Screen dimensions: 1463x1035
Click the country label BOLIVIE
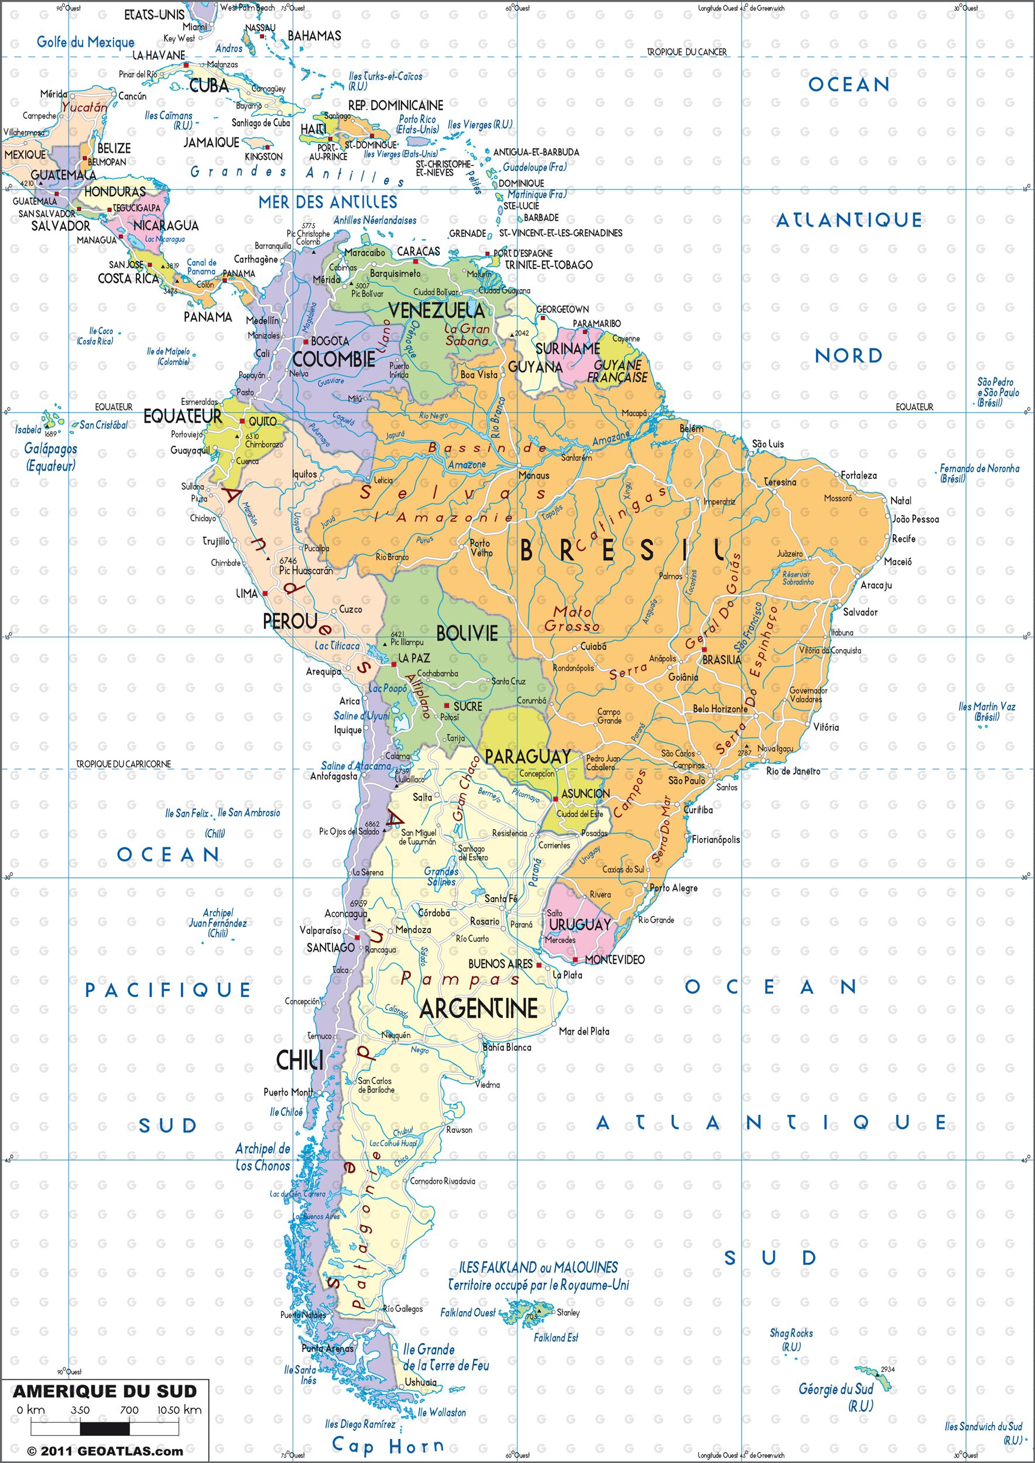[467, 633]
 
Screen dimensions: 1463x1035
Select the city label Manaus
[533, 475]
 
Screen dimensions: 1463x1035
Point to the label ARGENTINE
[478, 1008]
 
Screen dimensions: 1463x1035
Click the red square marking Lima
[265, 593]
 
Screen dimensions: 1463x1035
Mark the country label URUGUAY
[580, 924]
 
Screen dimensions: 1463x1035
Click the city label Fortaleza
[858, 475]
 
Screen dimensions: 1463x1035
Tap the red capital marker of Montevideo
[575, 960]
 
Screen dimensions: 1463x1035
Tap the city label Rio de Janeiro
[793, 771]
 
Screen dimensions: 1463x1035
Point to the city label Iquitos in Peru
[304, 475]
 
